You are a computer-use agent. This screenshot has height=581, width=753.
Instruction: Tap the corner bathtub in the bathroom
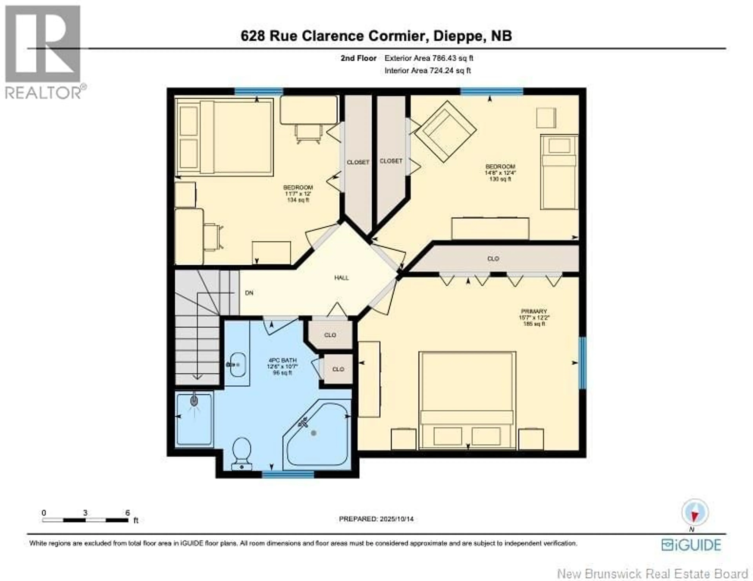[x=316, y=435]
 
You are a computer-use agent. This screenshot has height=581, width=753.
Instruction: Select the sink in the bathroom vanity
[x=238, y=364]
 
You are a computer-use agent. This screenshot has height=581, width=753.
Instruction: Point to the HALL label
[x=341, y=278]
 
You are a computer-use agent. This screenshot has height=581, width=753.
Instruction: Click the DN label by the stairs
[x=249, y=293]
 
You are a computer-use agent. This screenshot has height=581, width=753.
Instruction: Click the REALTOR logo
[x=43, y=52]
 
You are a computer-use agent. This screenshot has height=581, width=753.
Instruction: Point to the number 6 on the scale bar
[x=128, y=513]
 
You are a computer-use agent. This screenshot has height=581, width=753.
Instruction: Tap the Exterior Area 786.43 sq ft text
[x=428, y=58]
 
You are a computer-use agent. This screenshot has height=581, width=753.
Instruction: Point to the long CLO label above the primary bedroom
[x=493, y=259]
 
